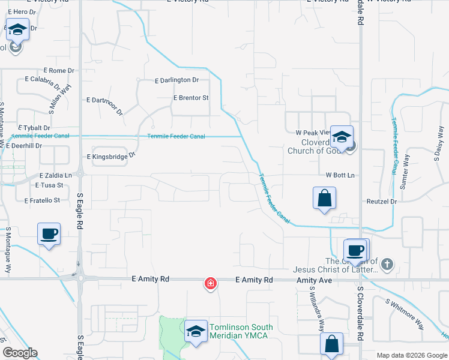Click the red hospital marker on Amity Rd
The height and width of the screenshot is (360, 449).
coord(211,283)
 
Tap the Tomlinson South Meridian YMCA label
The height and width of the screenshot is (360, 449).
coord(241,331)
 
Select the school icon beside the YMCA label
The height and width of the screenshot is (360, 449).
coord(195,332)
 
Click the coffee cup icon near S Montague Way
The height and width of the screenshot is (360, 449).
coord(49,234)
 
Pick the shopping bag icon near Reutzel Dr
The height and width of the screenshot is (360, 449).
coord(324,198)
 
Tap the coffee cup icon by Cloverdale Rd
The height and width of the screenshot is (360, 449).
coord(356,250)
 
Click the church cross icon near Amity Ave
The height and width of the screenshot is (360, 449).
coord(388,263)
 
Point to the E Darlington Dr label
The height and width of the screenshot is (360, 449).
coord(176,80)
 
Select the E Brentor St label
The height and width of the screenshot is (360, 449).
coord(190,98)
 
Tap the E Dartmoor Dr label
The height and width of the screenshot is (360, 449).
coord(104,106)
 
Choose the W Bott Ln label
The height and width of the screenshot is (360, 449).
coord(340,175)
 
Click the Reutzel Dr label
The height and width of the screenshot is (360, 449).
coord(381,202)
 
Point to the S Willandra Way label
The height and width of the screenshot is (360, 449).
coord(317,308)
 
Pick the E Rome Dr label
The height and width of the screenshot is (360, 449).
coord(58,71)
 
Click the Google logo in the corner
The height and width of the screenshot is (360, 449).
coord(20,353)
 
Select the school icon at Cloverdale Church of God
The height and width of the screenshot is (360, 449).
coord(342,137)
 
